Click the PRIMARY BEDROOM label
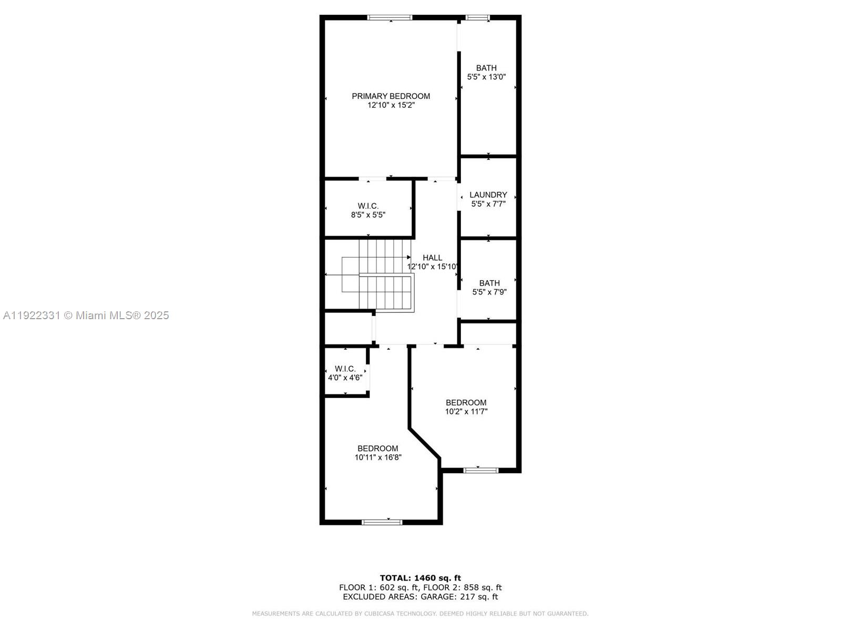coord(391,96)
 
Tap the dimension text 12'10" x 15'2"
coord(391,105)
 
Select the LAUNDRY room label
coord(488,195)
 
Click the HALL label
coord(432,258)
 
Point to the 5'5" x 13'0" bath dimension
coord(486,77)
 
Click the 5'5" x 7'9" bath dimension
coord(489,292)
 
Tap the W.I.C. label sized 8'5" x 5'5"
coord(368,206)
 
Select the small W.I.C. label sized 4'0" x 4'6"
coord(345,369)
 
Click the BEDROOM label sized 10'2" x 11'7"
coord(466,402)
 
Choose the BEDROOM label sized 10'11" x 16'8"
coord(377,449)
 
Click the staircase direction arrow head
coord(409,257)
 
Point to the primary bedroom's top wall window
coord(389,18)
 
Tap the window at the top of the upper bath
coord(478,18)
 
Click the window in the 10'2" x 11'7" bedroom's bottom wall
coord(480,470)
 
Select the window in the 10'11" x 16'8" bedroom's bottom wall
coord(382,522)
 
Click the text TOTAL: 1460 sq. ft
coord(420,578)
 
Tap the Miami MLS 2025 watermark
coord(86,315)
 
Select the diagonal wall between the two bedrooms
coord(425,443)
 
